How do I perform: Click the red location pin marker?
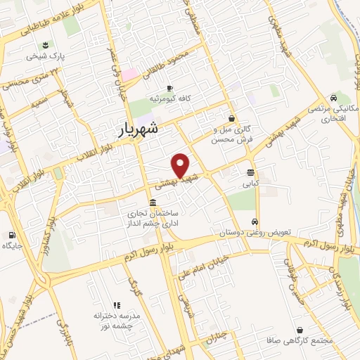click(181, 165)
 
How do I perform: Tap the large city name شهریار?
click(148, 130)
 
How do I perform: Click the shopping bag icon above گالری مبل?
click(231, 119)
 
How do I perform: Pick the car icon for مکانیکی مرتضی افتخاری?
click(333, 98)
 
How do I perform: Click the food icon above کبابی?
click(251, 172)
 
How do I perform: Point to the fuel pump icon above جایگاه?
click(12, 235)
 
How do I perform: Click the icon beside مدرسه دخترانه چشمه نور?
click(117, 305)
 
